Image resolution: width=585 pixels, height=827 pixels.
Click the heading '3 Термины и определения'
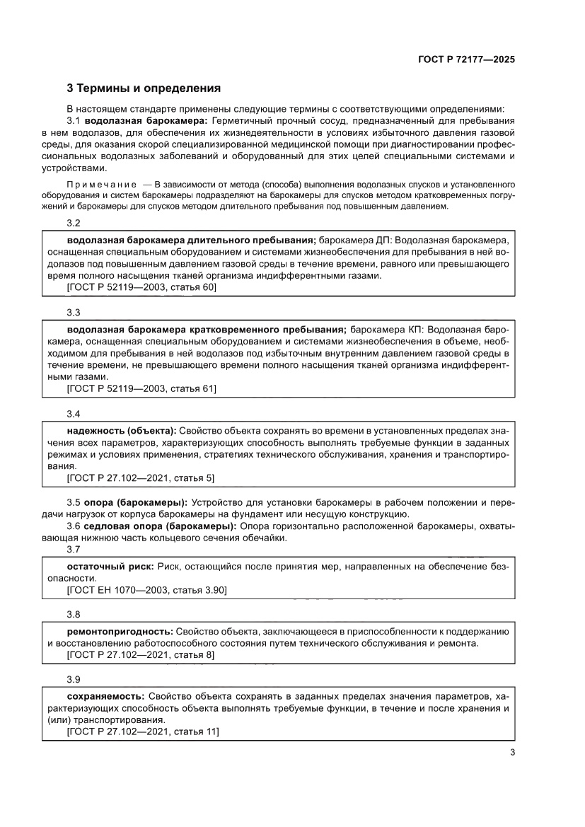(x=144, y=89)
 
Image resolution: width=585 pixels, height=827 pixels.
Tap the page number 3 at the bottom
(x=511, y=753)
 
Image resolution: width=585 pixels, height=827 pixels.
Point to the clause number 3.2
(x=74, y=223)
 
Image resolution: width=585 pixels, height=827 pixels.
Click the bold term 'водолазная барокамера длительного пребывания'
(x=191, y=240)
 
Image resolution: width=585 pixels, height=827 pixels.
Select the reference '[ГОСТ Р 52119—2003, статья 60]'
(x=141, y=287)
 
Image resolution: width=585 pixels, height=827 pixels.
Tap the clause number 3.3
(x=74, y=312)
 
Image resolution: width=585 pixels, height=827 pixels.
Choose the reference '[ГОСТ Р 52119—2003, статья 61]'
(x=141, y=388)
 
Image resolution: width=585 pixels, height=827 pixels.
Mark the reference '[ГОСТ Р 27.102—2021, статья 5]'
(x=140, y=478)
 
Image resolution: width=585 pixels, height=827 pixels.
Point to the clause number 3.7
(x=74, y=550)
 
